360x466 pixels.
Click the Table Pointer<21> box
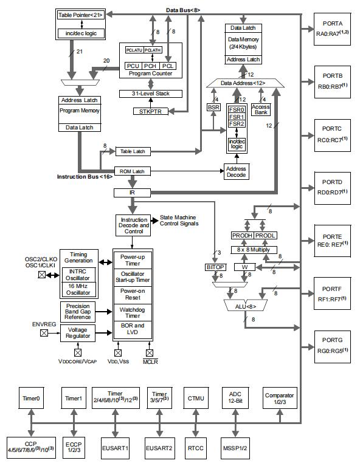tap(81, 15)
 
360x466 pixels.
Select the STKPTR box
tap(150, 111)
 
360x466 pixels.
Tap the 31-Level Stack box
tap(151, 94)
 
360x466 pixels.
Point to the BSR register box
tap(213, 107)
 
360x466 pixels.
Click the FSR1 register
tap(237, 117)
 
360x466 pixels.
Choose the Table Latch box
tap(133, 151)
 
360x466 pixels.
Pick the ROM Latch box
tap(133, 171)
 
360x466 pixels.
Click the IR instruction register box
tap(132, 193)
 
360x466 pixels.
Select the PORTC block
tap(332, 135)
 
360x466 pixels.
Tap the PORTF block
tap(332, 293)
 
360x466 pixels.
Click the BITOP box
tap(215, 267)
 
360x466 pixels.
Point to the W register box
tap(244, 267)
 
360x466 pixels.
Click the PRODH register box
tap(242, 236)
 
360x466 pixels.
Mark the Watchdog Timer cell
tap(133, 312)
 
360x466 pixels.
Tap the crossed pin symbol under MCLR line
tap(150, 353)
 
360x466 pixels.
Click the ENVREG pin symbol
tap(44, 333)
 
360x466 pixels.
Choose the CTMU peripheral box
tap(196, 398)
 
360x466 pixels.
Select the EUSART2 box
tap(159, 448)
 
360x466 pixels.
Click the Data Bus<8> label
tap(183, 10)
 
